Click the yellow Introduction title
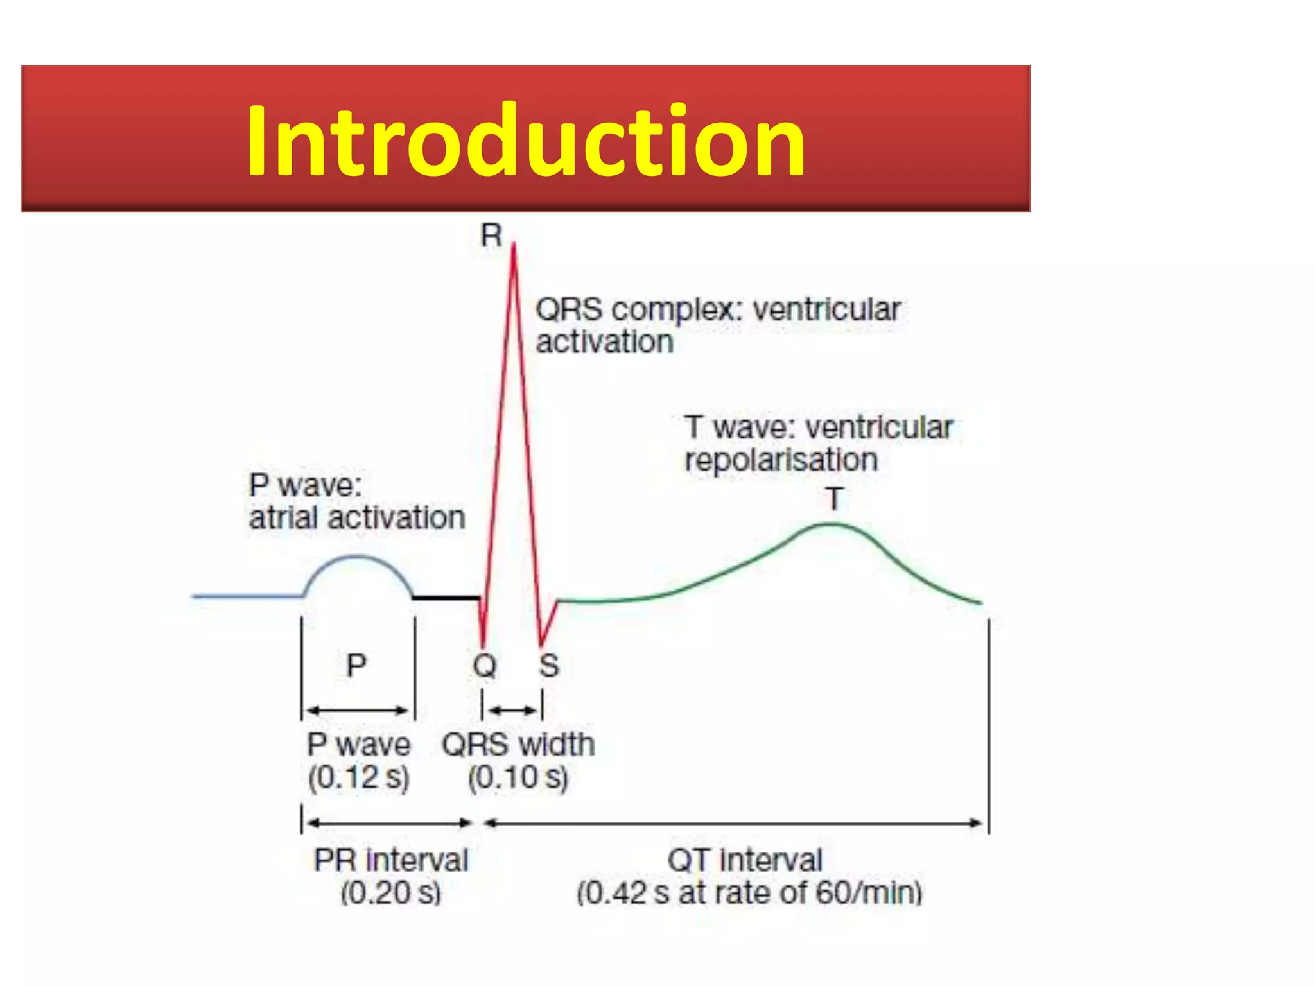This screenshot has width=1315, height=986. pyautogui.click(x=525, y=140)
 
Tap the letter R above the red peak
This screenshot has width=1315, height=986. pyautogui.click(x=491, y=236)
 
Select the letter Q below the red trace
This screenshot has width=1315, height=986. pyautogui.click(x=485, y=666)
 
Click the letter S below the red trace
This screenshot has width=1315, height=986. pyautogui.click(x=549, y=666)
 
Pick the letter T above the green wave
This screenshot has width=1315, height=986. pyautogui.click(x=834, y=499)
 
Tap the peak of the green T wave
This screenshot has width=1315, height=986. pyautogui.click(x=831, y=525)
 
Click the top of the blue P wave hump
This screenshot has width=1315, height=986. pyautogui.click(x=357, y=557)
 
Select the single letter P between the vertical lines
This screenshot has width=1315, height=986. pyautogui.click(x=356, y=665)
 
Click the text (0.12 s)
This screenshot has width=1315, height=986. pyautogui.click(x=358, y=777)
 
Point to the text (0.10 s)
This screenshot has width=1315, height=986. pyautogui.click(x=518, y=777)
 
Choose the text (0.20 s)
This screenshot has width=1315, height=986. pyautogui.click(x=391, y=893)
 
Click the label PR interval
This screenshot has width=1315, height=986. pyautogui.click(x=391, y=860)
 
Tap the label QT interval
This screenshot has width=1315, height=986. pyautogui.click(x=745, y=860)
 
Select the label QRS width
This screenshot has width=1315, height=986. pyautogui.click(x=518, y=745)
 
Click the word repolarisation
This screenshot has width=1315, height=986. pyautogui.click(x=781, y=460)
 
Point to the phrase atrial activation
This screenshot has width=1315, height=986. pyautogui.click(x=357, y=517)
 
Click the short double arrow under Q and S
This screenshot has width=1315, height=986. pyautogui.click(x=512, y=710)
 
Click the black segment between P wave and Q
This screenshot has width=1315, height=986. pyautogui.click(x=446, y=598)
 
